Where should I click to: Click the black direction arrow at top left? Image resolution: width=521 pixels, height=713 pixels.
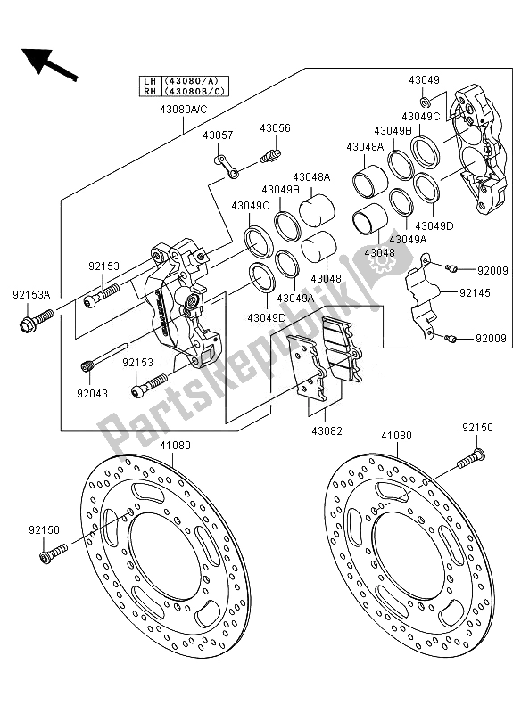click(x=48, y=63)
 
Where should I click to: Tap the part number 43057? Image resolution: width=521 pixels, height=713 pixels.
click(x=218, y=135)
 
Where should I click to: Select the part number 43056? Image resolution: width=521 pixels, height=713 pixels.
click(x=276, y=127)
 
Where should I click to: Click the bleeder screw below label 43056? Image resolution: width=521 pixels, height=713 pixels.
click(x=270, y=155)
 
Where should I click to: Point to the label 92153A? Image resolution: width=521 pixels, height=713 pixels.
click(x=31, y=295)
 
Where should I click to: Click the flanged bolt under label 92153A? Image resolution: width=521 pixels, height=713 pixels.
click(x=37, y=320)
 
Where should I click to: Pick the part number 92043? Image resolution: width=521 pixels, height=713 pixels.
click(x=93, y=393)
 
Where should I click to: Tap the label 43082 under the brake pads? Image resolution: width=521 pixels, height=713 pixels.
click(x=327, y=430)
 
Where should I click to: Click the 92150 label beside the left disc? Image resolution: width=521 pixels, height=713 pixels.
click(x=44, y=530)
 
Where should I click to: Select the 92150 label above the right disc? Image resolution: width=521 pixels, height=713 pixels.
click(x=478, y=428)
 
